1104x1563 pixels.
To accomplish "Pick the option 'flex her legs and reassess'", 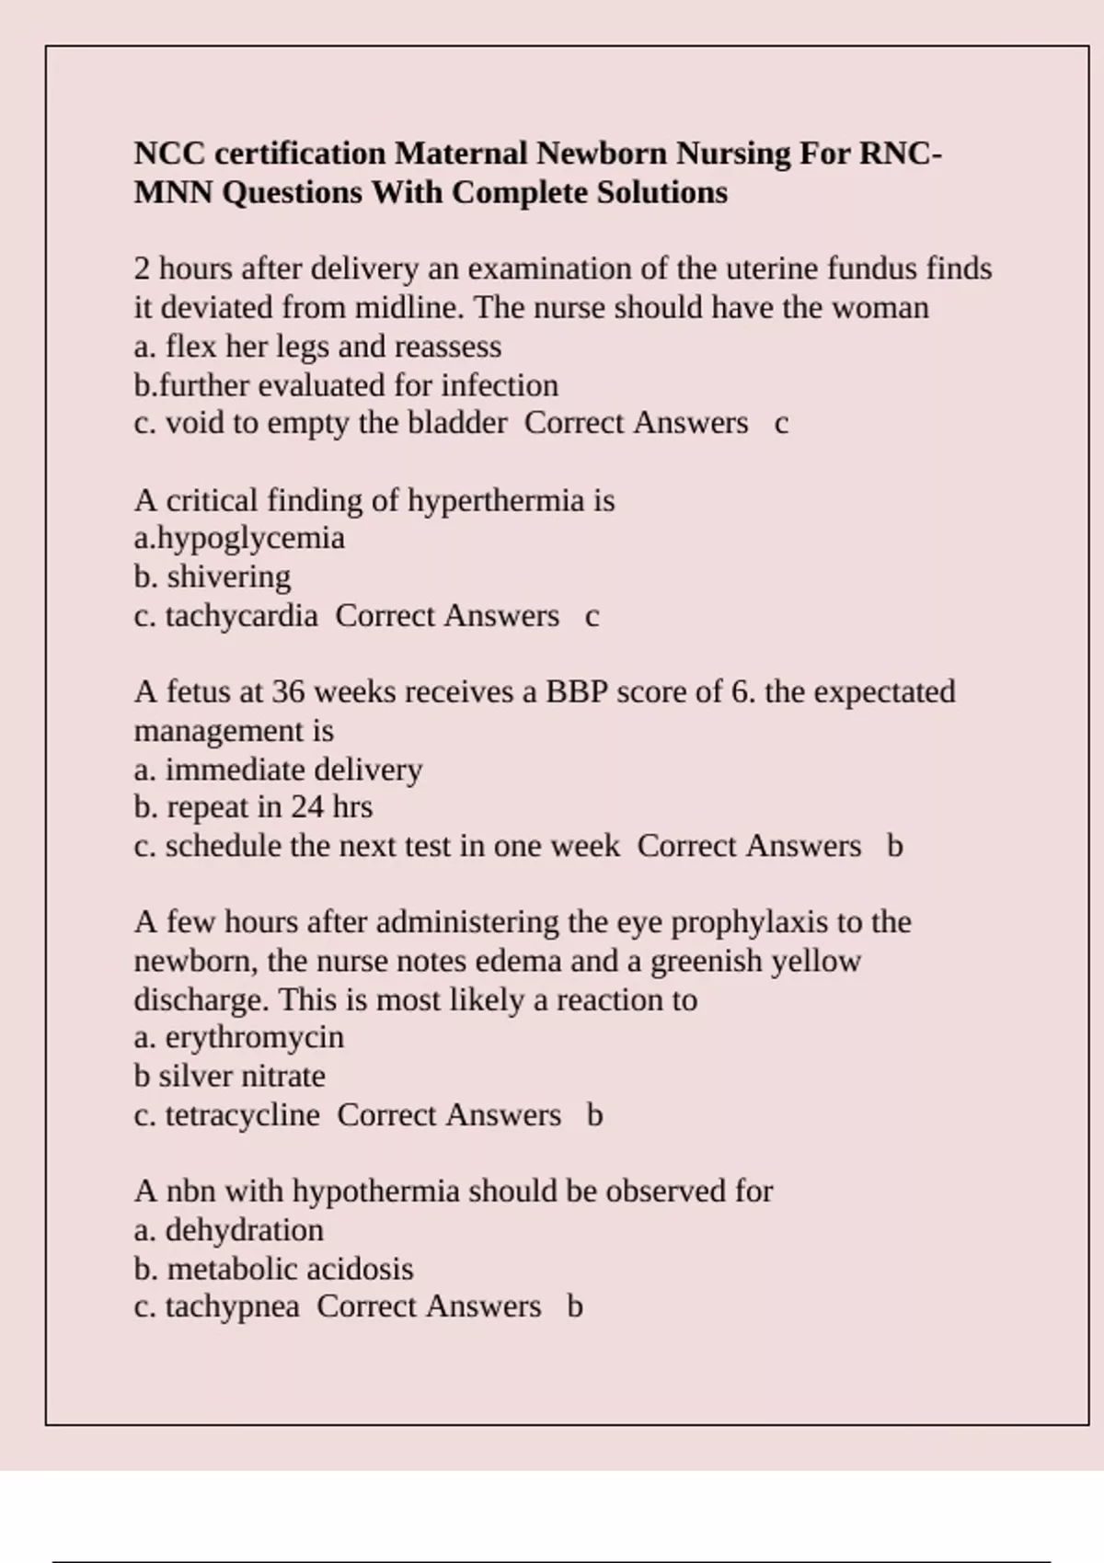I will click(317, 347).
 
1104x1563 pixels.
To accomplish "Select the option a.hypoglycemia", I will click(239, 538).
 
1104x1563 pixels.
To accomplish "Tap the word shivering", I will click(229, 576).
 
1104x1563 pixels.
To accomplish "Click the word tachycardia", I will click(241, 615).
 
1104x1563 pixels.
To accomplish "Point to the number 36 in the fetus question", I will click(289, 691).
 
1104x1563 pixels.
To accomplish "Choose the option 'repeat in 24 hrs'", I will click(253, 807).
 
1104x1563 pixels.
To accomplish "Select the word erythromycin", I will click(254, 1038).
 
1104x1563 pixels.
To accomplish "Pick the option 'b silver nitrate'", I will click(229, 1076).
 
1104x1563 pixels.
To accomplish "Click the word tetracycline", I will click(242, 1115).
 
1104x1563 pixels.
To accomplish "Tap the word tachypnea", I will click(232, 1306).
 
